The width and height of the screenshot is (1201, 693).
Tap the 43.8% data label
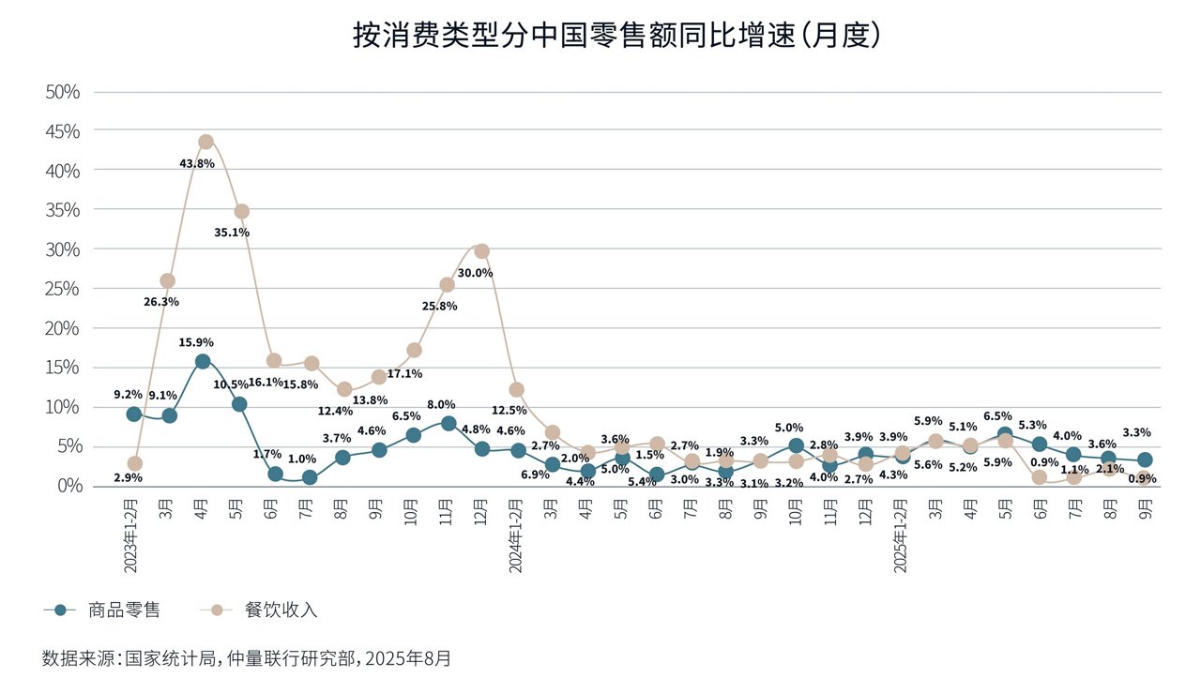(x=197, y=163)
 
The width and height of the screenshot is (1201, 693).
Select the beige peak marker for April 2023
(x=205, y=142)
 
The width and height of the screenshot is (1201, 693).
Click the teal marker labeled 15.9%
(x=203, y=361)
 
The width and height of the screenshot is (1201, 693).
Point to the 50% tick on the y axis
(x=63, y=92)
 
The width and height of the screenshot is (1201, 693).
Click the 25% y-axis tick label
(x=63, y=289)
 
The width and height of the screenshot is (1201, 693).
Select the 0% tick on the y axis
(x=68, y=486)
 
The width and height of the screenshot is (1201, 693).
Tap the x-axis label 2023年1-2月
(x=131, y=535)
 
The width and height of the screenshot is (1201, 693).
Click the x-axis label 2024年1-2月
(x=515, y=535)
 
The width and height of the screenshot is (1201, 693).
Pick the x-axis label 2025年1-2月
(x=901, y=535)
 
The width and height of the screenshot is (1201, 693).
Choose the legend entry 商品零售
(x=124, y=610)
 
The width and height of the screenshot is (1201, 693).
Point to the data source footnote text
(x=247, y=658)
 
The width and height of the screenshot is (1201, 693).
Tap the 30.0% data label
(x=475, y=273)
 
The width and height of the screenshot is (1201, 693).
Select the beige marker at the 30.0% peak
(x=482, y=251)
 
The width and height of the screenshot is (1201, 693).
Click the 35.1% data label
(x=232, y=233)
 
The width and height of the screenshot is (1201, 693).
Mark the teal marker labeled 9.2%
(x=134, y=414)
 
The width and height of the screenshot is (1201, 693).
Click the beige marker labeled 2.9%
(x=134, y=463)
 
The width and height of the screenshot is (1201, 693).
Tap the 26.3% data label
(x=161, y=302)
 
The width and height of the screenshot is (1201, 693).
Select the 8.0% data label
(x=442, y=405)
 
